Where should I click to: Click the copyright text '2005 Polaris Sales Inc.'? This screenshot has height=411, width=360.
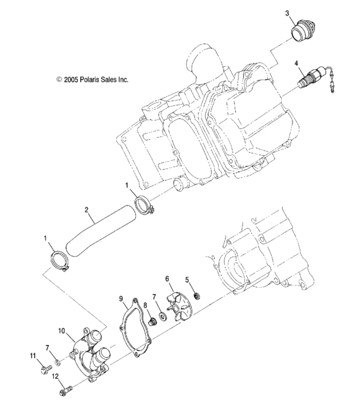tap(92, 80)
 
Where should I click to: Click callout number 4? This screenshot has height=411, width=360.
tap(296, 63)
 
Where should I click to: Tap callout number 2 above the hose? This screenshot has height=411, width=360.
tap(86, 209)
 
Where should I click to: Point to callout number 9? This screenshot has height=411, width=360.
tap(121, 299)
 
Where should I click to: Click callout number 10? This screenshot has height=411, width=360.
tap(61, 331)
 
